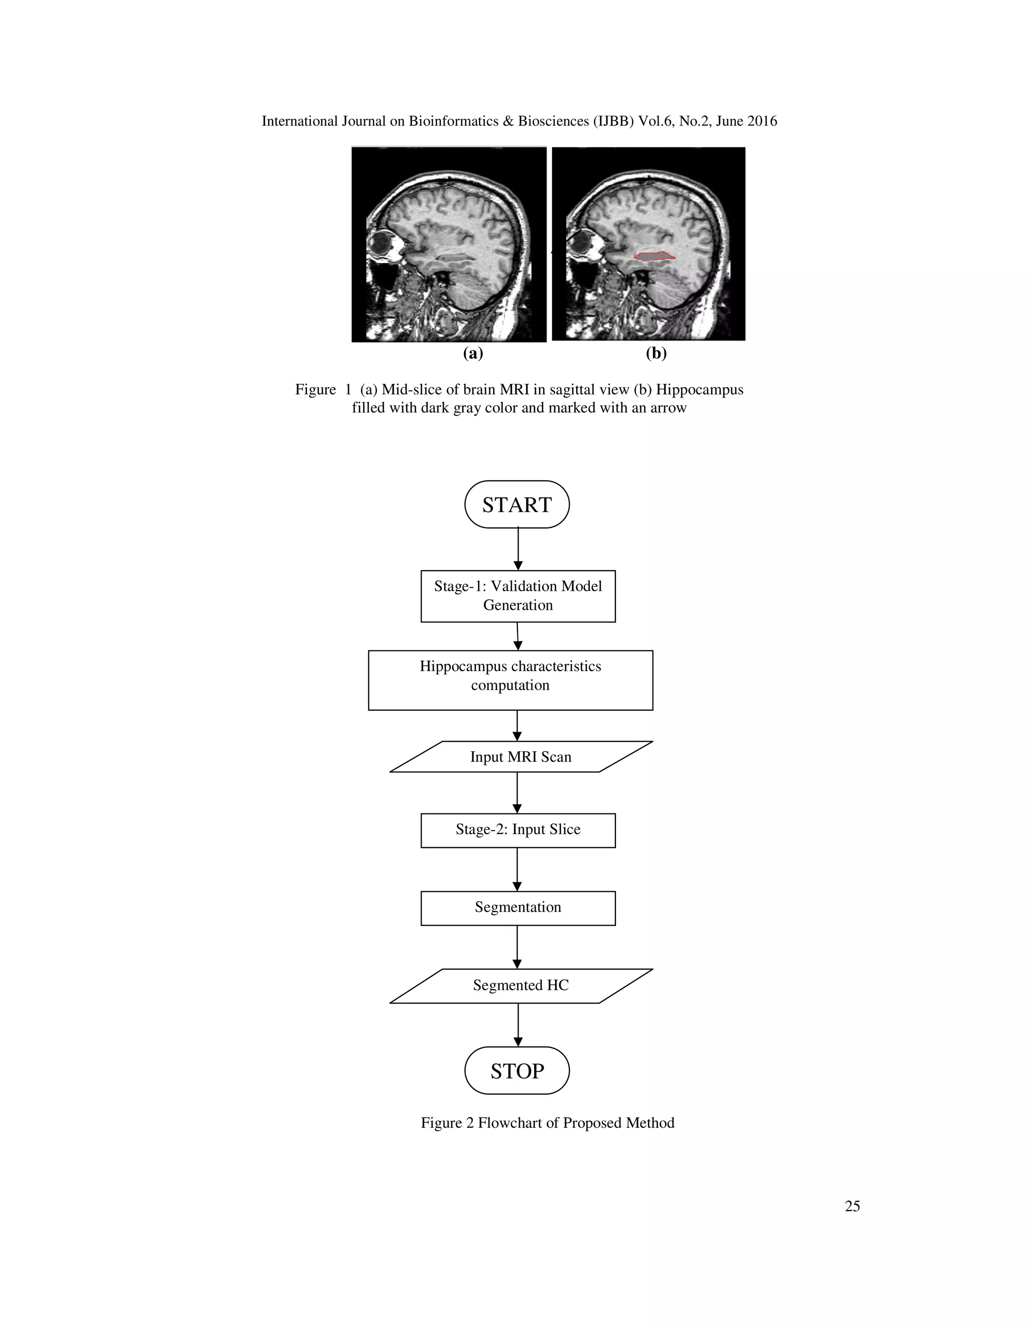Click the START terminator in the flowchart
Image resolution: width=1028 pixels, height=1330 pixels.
tap(517, 504)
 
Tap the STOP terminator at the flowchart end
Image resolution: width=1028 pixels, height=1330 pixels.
tap(517, 1071)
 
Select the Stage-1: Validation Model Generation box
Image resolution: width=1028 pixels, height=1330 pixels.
tap(518, 596)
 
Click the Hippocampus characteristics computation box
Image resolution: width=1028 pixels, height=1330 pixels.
tap(510, 680)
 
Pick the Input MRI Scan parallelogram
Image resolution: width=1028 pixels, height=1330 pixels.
tap(521, 756)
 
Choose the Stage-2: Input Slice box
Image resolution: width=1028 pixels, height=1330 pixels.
tap(518, 830)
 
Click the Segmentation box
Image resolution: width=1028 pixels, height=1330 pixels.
tap(518, 908)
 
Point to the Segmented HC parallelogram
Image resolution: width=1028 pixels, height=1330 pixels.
tap(521, 985)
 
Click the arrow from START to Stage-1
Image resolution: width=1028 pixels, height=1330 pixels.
tap(518, 548)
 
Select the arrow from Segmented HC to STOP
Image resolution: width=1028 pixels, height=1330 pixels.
tap(518, 1024)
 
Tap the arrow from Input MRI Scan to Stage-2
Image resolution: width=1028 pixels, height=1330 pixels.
tap(517, 792)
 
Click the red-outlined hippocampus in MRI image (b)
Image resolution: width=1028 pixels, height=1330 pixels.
tap(654, 256)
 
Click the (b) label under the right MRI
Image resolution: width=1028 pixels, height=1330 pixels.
tap(656, 353)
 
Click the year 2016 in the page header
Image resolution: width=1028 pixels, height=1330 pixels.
tap(762, 121)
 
